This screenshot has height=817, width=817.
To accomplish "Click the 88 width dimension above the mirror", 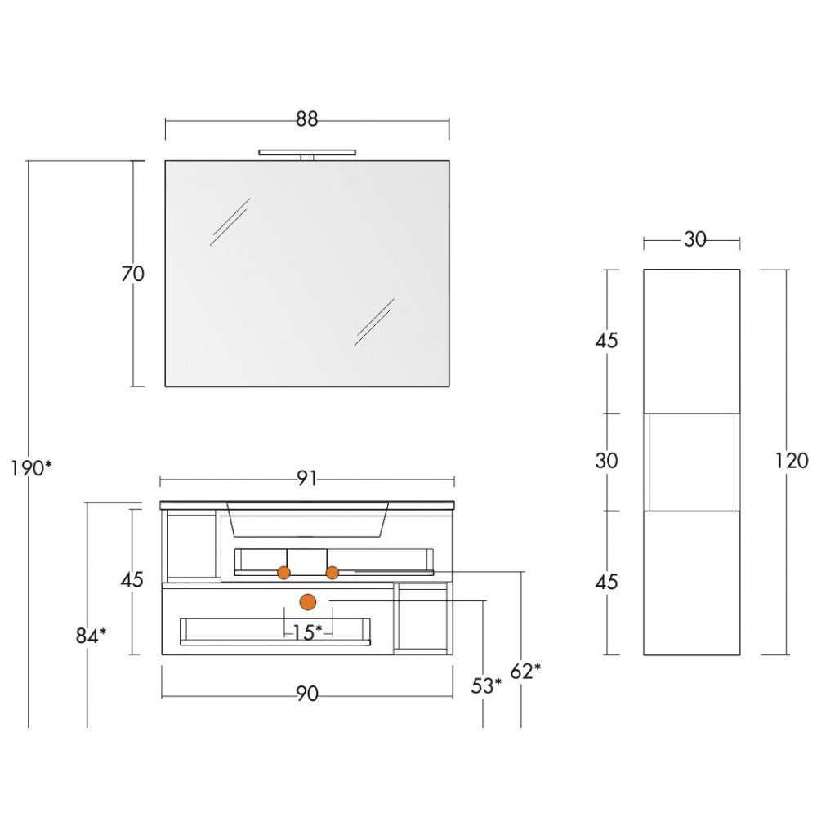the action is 307,119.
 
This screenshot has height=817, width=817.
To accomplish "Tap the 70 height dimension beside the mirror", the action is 132,274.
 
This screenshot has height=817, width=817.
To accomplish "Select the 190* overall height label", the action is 32,469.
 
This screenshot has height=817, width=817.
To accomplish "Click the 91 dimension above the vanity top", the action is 307,479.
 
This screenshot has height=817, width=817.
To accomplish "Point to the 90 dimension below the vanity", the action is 307,694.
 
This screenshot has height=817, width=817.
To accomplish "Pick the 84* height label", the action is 92,636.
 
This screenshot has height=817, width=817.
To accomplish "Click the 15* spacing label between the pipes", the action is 308,632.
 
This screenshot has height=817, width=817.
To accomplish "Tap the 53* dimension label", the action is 486,685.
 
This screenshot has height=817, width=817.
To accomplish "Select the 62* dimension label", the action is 525,671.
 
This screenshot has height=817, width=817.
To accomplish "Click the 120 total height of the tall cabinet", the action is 792,461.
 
